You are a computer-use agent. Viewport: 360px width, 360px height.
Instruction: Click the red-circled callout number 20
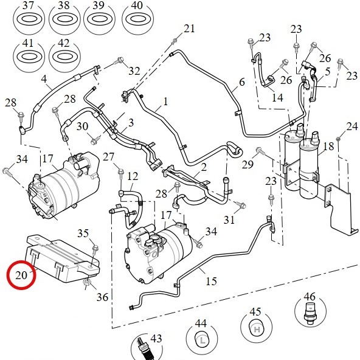21,275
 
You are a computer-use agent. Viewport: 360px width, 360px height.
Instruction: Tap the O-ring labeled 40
137,19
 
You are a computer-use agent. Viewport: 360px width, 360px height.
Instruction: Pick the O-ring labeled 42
64,56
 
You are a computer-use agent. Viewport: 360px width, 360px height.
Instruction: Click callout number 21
189,29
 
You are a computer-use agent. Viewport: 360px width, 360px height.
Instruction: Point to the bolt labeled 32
120,60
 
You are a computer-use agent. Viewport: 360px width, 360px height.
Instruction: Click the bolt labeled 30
95,140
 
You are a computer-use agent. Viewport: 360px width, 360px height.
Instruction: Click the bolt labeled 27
121,173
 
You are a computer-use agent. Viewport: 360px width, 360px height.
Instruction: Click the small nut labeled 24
338,139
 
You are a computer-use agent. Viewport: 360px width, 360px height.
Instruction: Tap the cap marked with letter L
202,341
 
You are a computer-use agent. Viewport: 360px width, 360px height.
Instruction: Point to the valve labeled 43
142,349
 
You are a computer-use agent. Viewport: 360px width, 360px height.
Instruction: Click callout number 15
211,281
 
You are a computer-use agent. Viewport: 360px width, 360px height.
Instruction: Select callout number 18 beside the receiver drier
328,146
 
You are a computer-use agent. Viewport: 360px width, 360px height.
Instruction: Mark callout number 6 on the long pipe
242,82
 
